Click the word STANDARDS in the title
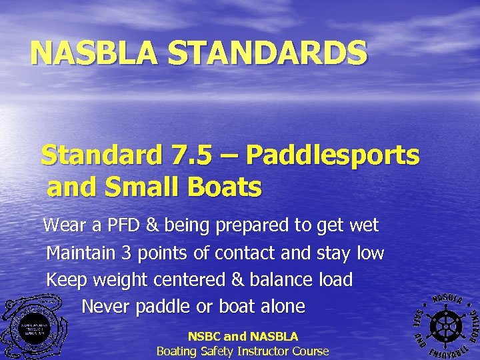(267, 53)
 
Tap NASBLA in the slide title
(95, 53)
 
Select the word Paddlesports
(333, 157)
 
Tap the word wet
(363, 225)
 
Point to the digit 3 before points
(127, 253)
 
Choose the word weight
(121, 281)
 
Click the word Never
(105, 307)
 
